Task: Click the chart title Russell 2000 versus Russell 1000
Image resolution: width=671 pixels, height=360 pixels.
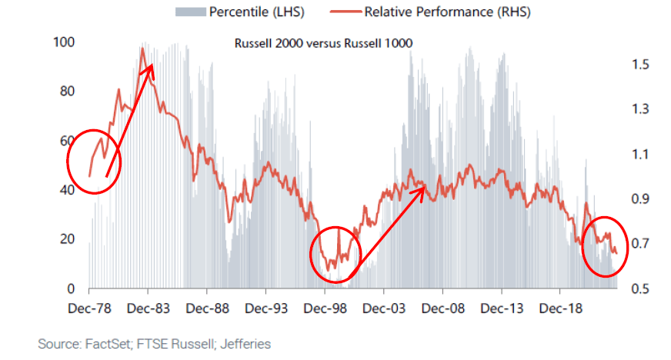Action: point(323,43)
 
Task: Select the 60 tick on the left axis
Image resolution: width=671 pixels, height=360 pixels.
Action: point(65,141)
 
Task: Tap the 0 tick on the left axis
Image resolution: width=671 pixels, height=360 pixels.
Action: point(69,289)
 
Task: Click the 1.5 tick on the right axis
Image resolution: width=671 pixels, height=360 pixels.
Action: point(640,65)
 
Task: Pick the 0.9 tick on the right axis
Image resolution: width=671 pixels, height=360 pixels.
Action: point(640,199)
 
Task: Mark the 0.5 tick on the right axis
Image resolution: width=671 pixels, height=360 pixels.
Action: point(640,289)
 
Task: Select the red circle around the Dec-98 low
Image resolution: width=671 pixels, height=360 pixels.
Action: point(336,255)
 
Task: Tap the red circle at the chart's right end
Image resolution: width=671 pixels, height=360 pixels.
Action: point(603,245)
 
